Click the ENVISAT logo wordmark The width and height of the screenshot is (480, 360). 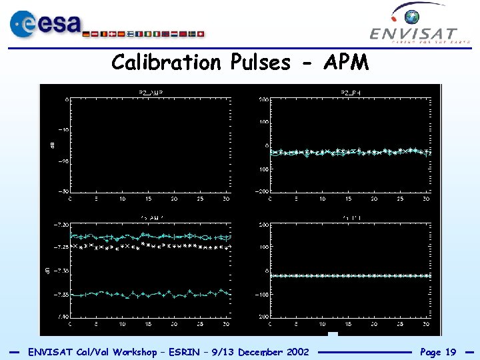pos(413,34)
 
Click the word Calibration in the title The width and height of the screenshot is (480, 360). pos(167,63)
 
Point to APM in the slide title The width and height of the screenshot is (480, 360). pos(345,63)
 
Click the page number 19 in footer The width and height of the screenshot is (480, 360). pos(450,352)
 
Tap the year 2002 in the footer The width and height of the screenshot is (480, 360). pos(295,352)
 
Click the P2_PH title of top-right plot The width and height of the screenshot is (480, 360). pos(350,92)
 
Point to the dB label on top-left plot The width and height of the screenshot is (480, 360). pos(53,144)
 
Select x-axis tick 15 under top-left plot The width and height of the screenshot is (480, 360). pos(148,199)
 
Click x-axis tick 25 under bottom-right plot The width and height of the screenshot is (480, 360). pos(399,323)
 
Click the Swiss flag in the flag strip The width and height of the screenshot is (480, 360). pos(201,33)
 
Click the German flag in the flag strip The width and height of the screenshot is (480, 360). pos(87,33)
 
